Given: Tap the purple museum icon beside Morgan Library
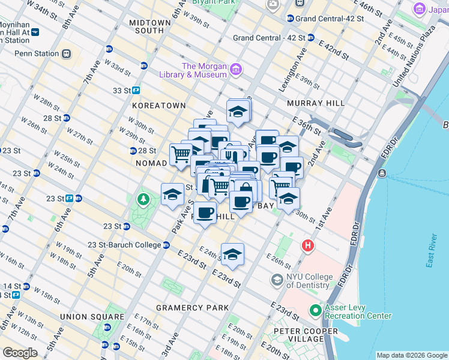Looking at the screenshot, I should [235, 70].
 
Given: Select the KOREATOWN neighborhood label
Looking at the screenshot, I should [159, 105].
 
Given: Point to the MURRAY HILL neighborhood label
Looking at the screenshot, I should [315, 103].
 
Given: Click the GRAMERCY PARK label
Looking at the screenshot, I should [192, 307].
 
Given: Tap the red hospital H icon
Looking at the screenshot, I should [308, 245].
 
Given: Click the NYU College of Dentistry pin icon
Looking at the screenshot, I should [277, 280].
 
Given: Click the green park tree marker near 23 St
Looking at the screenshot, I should [143, 199].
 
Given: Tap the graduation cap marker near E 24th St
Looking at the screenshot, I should [232, 254].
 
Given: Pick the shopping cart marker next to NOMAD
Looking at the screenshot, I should [180, 154].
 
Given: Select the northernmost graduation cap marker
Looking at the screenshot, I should [238, 112].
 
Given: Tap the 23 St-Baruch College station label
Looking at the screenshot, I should [124, 245].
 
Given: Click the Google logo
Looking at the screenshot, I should [20, 353].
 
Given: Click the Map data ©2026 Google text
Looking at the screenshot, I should [411, 355].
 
